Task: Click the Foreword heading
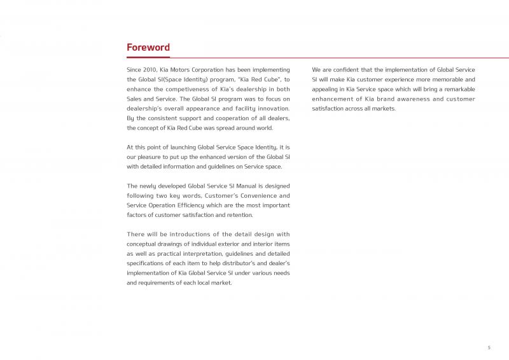click(148, 48)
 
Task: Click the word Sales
click(136, 99)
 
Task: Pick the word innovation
click(274, 109)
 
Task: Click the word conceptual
click(144, 244)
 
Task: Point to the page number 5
click(489, 347)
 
